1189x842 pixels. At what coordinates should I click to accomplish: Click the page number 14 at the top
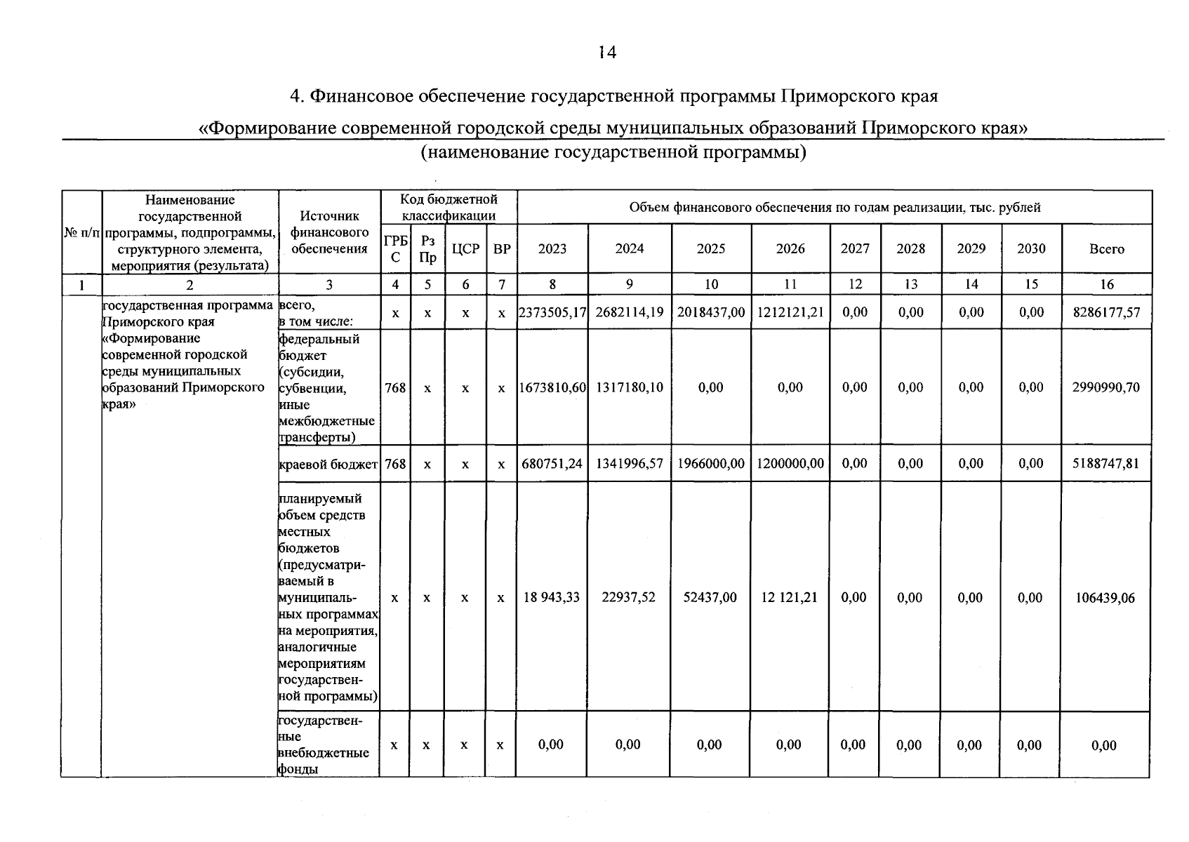pyautogui.click(x=607, y=53)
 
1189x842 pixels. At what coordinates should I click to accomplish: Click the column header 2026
pyautogui.click(x=790, y=249)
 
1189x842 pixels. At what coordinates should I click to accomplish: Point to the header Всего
pyautogui.click(x=1106, y=249)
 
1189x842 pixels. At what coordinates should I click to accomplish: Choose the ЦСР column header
pyautogui.click(x=465, y=249)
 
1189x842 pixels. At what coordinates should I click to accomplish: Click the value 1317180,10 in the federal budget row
pyautogui.click(x=630, y=387)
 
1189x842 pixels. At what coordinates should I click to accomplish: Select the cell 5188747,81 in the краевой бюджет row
pyautogui.click(x=1106, y=464)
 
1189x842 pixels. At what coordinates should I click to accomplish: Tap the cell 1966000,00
pyautogui.click(x=710, y=464)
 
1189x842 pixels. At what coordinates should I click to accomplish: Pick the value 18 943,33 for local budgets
pyautogui.click(x=552, y=598)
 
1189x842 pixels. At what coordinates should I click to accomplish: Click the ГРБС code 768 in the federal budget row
pyautogui.click(x=395, y=387)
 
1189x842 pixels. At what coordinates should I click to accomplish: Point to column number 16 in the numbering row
pyautogui.click(x=1106, y=284)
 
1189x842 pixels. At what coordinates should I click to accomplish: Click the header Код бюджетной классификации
pyautogui.click(x=449, y=208)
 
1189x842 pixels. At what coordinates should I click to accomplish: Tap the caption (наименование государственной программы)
pyautogui.click(x=613, y=152)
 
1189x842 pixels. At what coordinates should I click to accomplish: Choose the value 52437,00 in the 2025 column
pyautogui.click(x=710, y=598)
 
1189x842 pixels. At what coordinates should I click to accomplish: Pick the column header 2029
pyautogui.click(x=971, y=249)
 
